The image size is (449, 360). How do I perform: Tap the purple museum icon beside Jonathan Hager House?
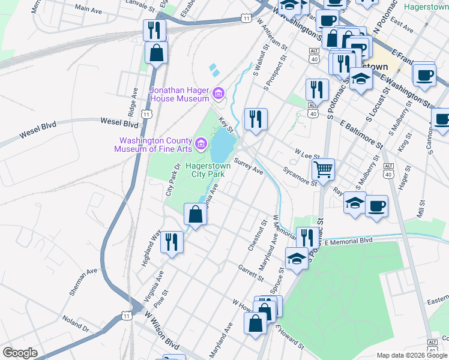click(218, 94)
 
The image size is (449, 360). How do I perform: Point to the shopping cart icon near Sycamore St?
click(324, 170)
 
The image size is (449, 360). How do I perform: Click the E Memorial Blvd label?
click(348, 241)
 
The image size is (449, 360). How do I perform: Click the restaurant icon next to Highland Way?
click(172, 242)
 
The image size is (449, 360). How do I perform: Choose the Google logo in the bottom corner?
click(20, 353)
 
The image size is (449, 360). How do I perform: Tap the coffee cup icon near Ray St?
click(376, 206)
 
